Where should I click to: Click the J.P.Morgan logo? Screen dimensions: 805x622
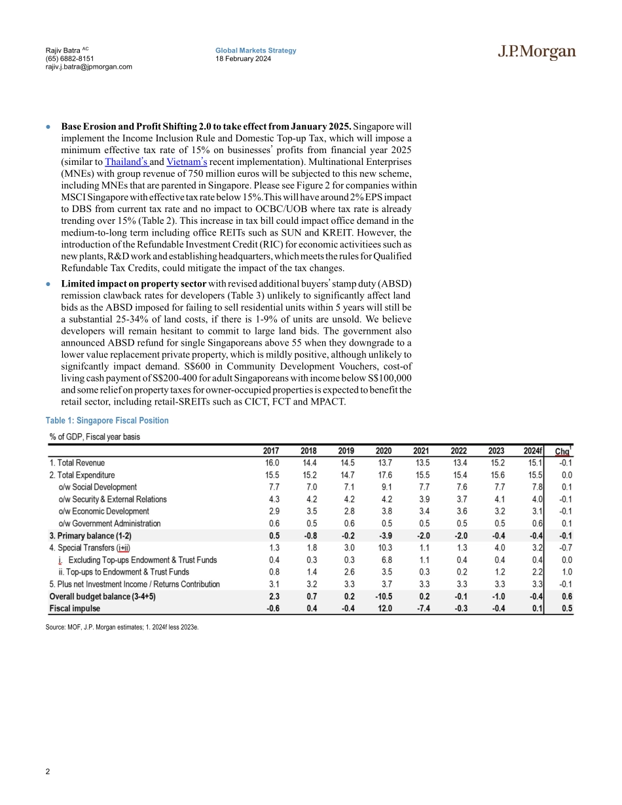[x=535, y=53]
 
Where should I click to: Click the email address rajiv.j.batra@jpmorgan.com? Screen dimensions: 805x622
[x=89, y=67]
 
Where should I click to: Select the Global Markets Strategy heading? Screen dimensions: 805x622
[x=256, y=50]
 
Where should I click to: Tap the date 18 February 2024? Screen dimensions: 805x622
[x=244, y=59]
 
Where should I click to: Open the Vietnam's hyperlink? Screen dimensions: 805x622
[x=187, y=161]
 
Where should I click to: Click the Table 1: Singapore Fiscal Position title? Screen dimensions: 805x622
[x=107, y=421]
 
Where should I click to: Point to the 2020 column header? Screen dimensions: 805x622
[x=384, y=450]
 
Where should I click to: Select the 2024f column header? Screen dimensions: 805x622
[x=534, y=450]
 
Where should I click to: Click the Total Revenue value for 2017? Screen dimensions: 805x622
[x=270, y=463]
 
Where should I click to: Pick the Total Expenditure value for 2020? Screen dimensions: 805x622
[x=384, y=475]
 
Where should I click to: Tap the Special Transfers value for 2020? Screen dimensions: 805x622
[x=384, y=548]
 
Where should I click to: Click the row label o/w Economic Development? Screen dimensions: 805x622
[x=103, y=511]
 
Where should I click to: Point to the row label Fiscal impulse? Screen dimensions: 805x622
[x=75, y=608]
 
